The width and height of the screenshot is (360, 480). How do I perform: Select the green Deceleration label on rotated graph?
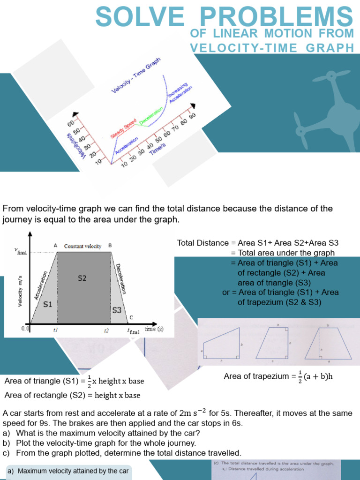click(x=151, y=115)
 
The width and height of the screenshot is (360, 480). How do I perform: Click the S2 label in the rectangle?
click(x=82, y=278)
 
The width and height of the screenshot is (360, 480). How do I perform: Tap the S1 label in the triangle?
click(x=48, y=304)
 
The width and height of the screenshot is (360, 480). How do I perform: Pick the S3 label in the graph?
click(x=117, y=310)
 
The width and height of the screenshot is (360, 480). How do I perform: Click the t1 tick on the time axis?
click(x=56, y=330)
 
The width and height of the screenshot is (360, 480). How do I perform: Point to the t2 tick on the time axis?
click(x=106, y=330)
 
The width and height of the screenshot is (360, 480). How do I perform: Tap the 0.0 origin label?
click(x=25, y=329)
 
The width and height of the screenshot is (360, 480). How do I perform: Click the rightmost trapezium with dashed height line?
click(x=324, y=344)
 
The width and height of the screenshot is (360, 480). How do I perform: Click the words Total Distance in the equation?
click(x=203, y=243)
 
